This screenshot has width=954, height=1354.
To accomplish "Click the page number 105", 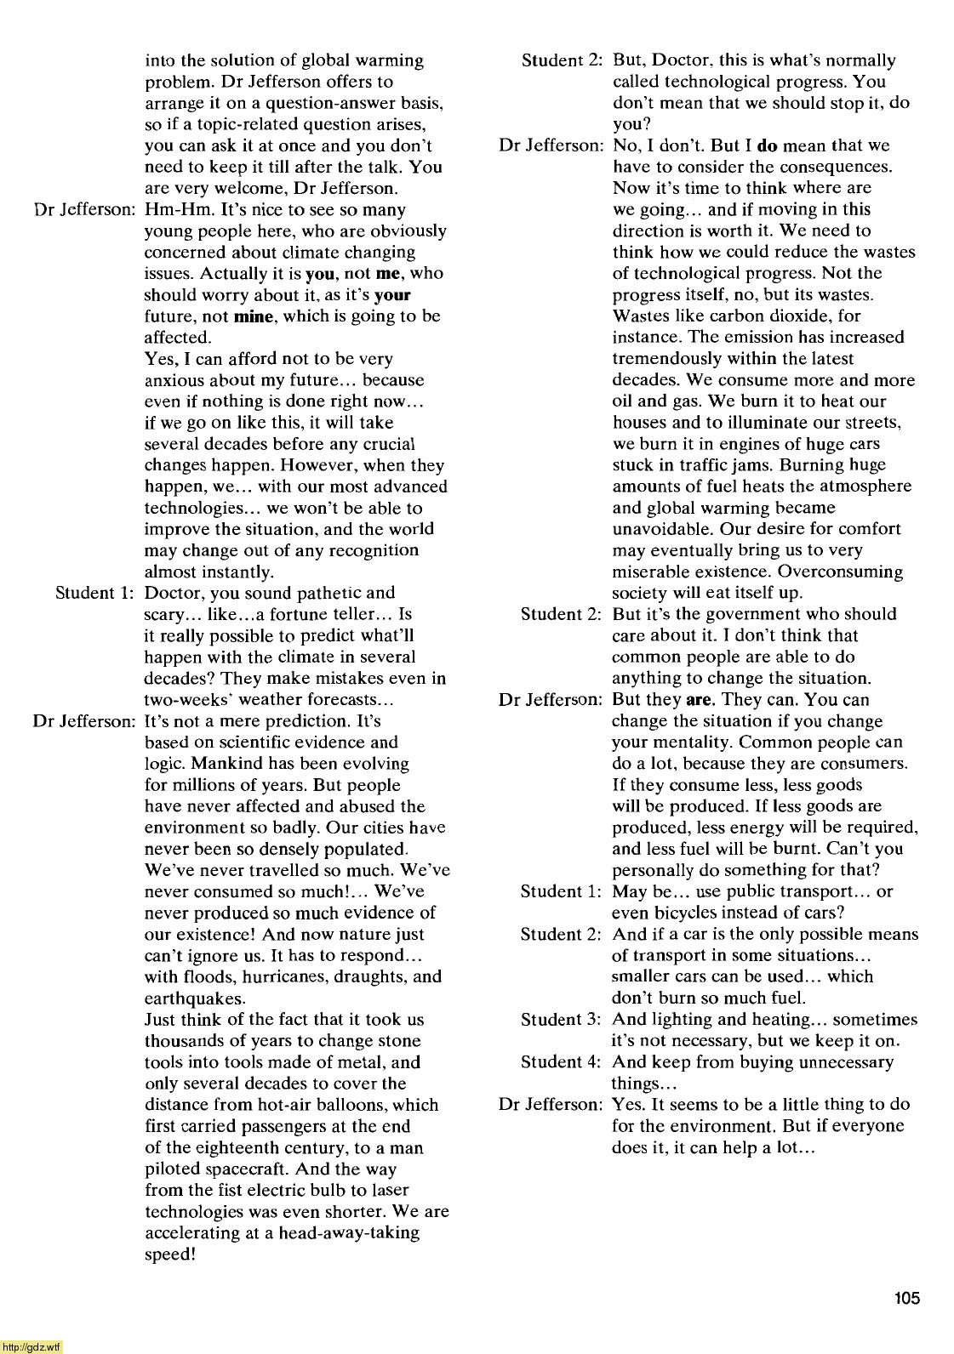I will coord(907,1299).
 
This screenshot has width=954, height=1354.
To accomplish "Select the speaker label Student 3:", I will coord(561,1019).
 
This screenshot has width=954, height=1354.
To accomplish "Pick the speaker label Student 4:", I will coord(561,1061).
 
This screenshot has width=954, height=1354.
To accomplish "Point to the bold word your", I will coord(392,295).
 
